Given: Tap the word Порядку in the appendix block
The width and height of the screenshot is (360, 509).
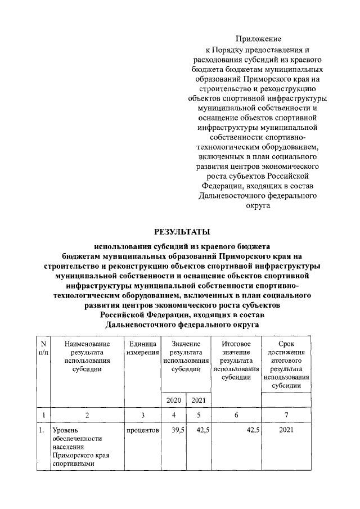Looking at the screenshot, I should click(x=238, y=49).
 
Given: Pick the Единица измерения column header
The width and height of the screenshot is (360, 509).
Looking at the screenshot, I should click(x=142, y=348).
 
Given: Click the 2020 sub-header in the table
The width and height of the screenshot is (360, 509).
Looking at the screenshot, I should click(x=173, y=400).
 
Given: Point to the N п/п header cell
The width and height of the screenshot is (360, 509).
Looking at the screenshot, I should click(x=43, y=348).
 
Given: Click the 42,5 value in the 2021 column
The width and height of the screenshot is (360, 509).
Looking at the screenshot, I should click(x=201, y=430).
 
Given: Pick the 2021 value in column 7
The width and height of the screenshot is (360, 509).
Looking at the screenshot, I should click(x=286, y=430).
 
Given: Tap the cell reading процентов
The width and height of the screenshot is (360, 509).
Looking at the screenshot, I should click(x=143, y=430).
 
